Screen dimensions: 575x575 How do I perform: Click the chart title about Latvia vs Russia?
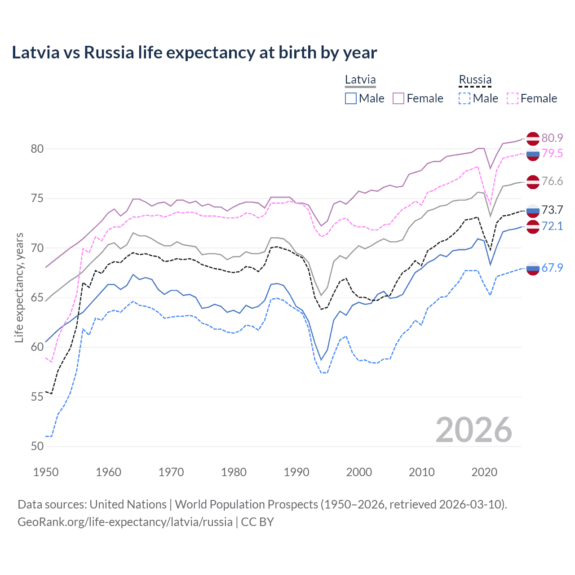[194, 53]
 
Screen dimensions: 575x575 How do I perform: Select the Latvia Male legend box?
[351, 98]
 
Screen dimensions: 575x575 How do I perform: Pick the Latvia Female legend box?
[398, 98]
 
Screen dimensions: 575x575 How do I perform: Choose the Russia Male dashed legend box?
[464, 98]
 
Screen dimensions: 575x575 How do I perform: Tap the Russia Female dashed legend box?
[513, 98]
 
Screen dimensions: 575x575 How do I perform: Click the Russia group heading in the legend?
[475, 80]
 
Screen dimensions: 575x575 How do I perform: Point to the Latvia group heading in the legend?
[360, 80]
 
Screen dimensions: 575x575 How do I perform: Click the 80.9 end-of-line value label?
[552, 138]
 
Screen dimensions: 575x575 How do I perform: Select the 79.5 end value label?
[552, 153]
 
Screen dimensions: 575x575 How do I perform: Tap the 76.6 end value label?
[552, 181]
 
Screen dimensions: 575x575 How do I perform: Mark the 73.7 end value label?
[552, 210]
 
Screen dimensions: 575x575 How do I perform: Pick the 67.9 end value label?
[552, 268]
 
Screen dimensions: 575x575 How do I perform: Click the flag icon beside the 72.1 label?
[533, 226]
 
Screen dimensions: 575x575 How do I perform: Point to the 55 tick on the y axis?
[37, 397]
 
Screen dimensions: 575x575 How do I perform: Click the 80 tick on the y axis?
[37, 149]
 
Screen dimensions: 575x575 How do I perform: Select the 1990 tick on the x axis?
[296, 472]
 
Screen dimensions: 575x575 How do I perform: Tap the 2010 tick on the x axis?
[421, 472]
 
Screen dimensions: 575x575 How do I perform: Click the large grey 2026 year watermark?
[474, 430]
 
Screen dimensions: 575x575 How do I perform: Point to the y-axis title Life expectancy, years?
[19, 287]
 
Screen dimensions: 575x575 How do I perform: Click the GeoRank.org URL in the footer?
[125, 522]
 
